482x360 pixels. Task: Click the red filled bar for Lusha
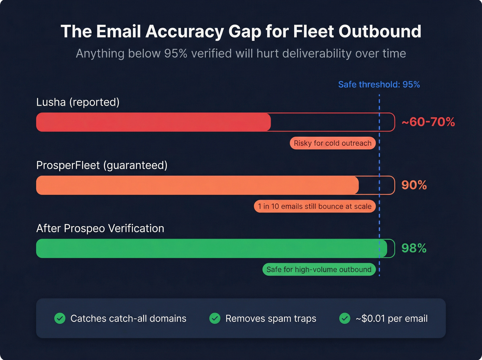(153, 122)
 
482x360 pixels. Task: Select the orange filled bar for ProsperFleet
(197, 185)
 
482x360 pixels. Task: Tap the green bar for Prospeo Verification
(211, 248)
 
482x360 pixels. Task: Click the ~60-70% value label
(428, 122)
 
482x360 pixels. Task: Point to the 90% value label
(414, 185)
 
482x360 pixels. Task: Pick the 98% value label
(414, 248)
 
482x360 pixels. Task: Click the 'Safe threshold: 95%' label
(379, 84)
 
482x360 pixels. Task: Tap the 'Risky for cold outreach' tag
(332, 143)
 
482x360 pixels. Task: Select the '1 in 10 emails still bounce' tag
(315, 206)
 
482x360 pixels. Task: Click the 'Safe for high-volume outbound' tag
(319, 269)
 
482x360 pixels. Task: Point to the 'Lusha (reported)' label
(78, 102)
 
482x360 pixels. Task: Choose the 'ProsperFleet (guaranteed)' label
(102, 165)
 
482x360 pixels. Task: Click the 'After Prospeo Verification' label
(100, 228)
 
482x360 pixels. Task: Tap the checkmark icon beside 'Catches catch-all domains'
(60, 318)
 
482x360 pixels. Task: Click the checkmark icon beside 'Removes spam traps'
(215, 318)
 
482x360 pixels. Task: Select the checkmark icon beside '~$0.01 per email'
(345, 318)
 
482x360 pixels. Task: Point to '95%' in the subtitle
(176, 54)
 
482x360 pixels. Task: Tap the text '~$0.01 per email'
(391, 319)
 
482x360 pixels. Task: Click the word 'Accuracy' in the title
(185, 32)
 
